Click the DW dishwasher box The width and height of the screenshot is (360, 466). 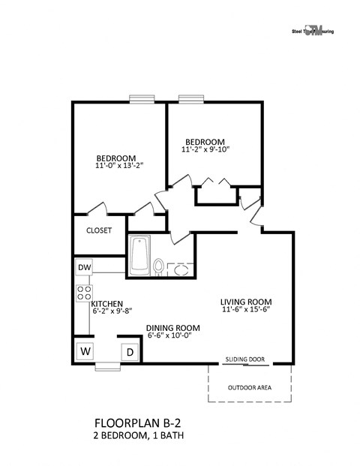[x=84, y=267]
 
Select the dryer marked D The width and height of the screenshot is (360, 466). [x=128, y=351]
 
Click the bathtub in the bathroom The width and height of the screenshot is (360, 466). [x=139, y=255]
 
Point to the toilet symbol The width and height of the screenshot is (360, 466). [x=159, y=266]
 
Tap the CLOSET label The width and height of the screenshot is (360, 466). [x=99, y=230]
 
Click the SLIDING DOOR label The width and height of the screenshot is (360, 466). [x=245, y=360]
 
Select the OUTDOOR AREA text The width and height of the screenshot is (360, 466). [x=250, y=388]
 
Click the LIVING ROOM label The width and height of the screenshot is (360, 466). [x=245, y=300]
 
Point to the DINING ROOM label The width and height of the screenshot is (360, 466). [x=172, y=327]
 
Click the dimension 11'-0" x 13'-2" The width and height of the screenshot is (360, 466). [x=118, y=165]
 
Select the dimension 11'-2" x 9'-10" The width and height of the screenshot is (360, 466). [x=205, y=149]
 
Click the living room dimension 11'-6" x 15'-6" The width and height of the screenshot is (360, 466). [x=245, y=308]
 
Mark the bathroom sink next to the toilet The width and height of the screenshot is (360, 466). [x=180, y=269]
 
